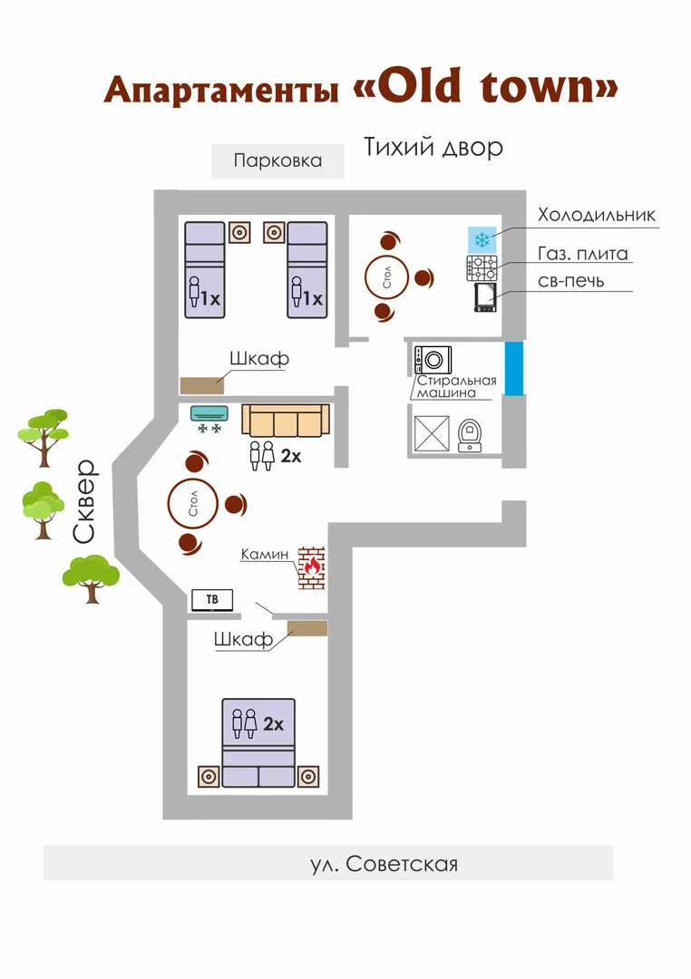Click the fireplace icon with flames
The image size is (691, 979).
tap(311, 567)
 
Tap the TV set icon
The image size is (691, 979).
tap(212, 600)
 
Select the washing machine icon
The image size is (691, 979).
tap(433, 360)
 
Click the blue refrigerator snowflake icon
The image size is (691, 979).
tap(482, 239)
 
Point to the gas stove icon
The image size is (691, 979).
tap(482, 267)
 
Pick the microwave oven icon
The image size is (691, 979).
tap(485, 297)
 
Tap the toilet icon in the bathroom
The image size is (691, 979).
tap(470, 434)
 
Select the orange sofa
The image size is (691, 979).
tap(286, 421)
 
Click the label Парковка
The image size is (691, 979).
tap(278, 160)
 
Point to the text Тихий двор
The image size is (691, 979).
tap(433, 148)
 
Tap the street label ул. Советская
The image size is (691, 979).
tap(384, 864)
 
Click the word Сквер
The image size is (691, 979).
tap(84, 501)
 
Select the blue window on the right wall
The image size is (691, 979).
tap(513, 368)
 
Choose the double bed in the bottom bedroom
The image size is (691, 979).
tap(258, 743)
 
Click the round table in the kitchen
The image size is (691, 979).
tap(386, 276)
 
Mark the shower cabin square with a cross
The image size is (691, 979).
tap(432, 432)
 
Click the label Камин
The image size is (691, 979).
tap(265, 554)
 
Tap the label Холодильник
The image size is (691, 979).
tap(597, 215)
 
